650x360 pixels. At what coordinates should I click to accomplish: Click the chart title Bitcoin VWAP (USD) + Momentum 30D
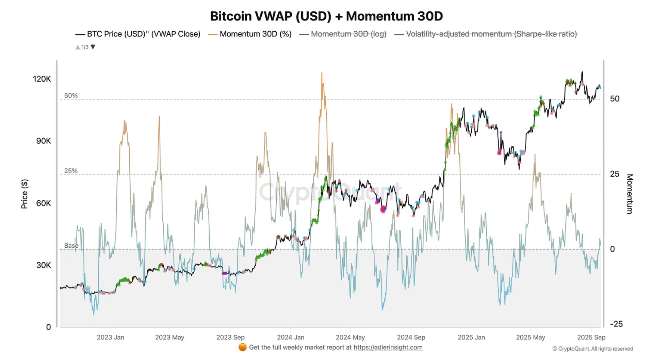pos(326,16)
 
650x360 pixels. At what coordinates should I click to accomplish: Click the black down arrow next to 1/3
pos(93,47)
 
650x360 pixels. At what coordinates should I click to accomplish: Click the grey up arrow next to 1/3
pos(78,47)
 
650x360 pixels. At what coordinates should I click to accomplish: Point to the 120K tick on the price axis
pos(42,79)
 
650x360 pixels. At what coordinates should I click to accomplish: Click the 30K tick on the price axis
pos(44,265)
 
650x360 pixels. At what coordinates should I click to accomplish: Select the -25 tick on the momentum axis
pos(616,324)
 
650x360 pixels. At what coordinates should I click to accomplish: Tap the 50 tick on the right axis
pos(615,99)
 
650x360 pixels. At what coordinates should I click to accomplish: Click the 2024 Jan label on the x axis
pos(290,337)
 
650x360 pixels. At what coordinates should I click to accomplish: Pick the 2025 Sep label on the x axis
pos(591,337)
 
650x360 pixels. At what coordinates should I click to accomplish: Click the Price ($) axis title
pos(25,194)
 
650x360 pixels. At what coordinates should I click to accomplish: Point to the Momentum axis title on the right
pos(630,194)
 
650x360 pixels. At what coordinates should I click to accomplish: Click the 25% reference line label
pos(71,171)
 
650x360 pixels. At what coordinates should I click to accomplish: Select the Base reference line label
pos(71,246)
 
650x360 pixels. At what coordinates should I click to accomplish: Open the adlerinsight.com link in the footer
pos(388,347)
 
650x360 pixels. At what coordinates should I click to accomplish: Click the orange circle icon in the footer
pos(242,347)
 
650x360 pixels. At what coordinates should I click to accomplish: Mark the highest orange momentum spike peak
pos(322,73)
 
